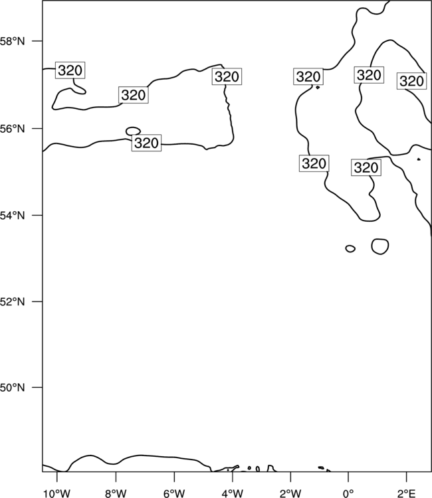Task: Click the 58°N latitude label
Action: tap(12, 41)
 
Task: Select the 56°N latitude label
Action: tap(12, 129)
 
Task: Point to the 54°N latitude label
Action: tap(12, 216)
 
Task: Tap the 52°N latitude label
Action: tap(12, 301)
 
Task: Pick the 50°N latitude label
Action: tap(12, 388)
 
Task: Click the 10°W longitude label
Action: tap(57, 493)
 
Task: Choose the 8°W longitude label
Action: tap(116, 493)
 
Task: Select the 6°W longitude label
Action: tap(174, 493)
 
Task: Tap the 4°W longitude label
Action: tap(233, 493)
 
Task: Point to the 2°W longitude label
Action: tap(290, 493)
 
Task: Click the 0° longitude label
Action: tap(348, 493)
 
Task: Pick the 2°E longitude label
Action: tap(407, 493)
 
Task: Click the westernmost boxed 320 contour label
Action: tap(70, 70)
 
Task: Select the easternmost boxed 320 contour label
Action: tap(411, 81)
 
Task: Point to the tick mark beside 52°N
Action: tap(37, 301)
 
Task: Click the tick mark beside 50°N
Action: tap(37, 388)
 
